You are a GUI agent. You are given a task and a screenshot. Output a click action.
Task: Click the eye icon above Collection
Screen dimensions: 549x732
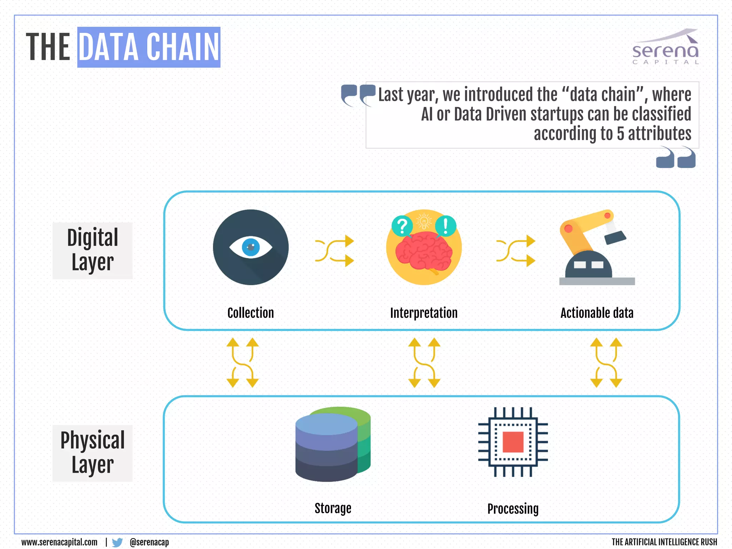[x=251, y=247]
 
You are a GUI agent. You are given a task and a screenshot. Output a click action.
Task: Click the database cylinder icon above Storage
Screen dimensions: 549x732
[x=332, y=444]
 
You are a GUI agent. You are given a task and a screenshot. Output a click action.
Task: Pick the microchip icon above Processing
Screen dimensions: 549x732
[x=513, y=442]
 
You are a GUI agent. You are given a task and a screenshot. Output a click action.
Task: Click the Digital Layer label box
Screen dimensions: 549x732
[x=93, y=250]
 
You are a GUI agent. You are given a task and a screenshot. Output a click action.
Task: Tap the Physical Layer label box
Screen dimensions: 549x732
[x=93, y=453]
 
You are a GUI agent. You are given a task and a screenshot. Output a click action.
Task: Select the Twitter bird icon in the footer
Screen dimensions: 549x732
[x=117, y=542]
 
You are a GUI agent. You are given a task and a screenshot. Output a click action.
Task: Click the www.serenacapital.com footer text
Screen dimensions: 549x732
[x=59, y=542]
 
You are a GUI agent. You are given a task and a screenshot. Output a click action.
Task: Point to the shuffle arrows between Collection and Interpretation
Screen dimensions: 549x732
[x=334, y=251]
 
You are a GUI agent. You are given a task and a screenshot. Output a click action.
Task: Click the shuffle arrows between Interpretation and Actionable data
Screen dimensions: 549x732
[x=516, y=251]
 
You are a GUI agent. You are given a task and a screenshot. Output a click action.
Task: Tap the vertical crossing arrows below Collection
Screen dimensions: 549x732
[x=242, y=362]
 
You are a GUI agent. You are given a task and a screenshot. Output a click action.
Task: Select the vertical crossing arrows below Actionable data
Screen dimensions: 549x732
[x=606, y=362]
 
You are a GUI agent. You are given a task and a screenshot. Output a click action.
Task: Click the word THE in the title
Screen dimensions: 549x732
[x=48, y=47]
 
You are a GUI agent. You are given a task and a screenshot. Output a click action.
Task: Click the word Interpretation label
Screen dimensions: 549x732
[x=424, y=313]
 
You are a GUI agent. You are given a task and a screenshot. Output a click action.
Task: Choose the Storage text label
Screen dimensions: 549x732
[x=333, y=508]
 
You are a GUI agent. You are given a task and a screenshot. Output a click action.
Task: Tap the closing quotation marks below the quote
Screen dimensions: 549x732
[x=676, y=158]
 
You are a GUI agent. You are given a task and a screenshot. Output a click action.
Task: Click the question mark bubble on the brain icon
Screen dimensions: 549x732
[x=402, y=226]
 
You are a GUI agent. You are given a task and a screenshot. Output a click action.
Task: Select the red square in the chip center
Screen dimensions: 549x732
[x=513, y=442]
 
